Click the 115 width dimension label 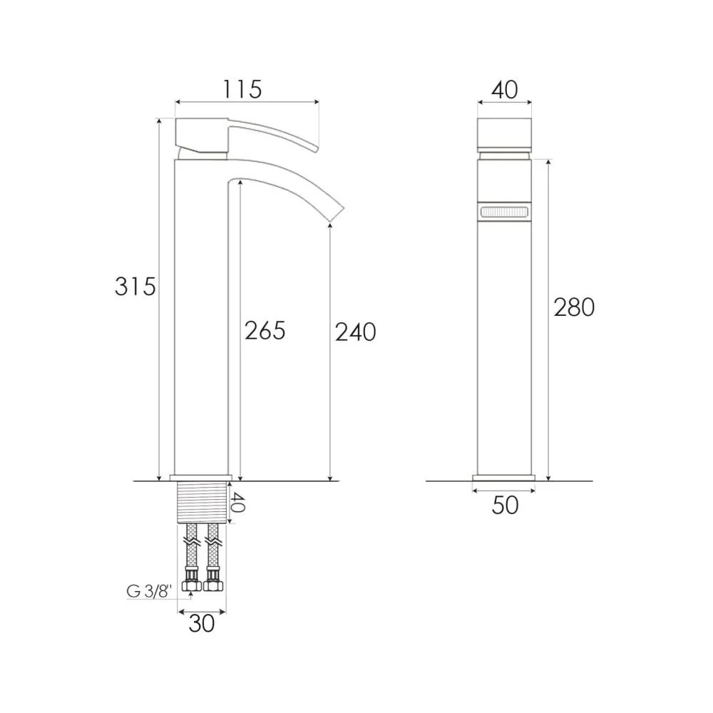pos(242,90)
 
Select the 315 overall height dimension pos(135,287)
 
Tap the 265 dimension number pos(265,331)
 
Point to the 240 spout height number pos(356,332)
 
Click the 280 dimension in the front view pos(574,307)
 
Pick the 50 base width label pos(505,506)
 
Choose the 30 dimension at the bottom pos(202,623)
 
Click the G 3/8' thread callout pos(149,592)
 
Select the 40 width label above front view pos(505,90)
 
